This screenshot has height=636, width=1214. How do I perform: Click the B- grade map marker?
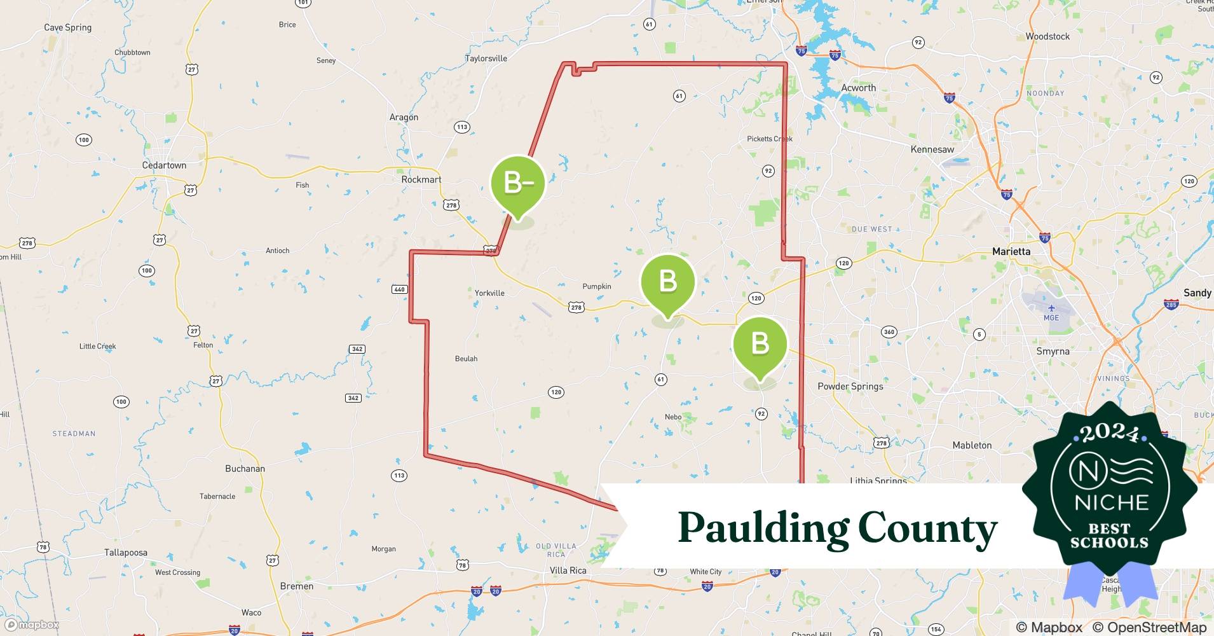click(518, 183)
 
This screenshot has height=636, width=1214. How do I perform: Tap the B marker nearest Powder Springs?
click(760, 344)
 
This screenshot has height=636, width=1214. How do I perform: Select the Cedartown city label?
click(164, 165)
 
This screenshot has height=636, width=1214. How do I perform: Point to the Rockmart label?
click(421, 179)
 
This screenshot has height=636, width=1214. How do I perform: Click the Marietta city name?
click(1011, 251)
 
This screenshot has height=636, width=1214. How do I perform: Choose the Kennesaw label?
click(932, 149)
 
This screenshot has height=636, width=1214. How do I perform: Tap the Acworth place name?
click(858, 88)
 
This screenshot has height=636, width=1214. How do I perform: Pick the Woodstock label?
click(1047, 36)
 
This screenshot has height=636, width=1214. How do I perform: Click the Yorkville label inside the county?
click(489, 293)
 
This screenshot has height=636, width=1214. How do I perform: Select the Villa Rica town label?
click(568, 570)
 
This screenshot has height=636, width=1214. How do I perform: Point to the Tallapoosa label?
click(125, 553)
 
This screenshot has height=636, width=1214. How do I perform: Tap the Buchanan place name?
click(245, 469)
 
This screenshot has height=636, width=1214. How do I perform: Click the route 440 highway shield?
click(399, 289)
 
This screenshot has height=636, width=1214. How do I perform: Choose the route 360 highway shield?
click(889, 331)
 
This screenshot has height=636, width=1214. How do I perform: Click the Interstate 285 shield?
click(1171, 305)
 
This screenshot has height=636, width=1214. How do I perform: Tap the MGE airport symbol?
click(1051, 308)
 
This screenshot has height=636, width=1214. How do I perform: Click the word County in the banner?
click(927, 529)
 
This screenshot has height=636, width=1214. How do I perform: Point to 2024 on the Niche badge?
click(1110, 433)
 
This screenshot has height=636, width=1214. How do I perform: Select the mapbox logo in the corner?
click(32, 625)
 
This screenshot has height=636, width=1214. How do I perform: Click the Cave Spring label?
click(67, 27)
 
